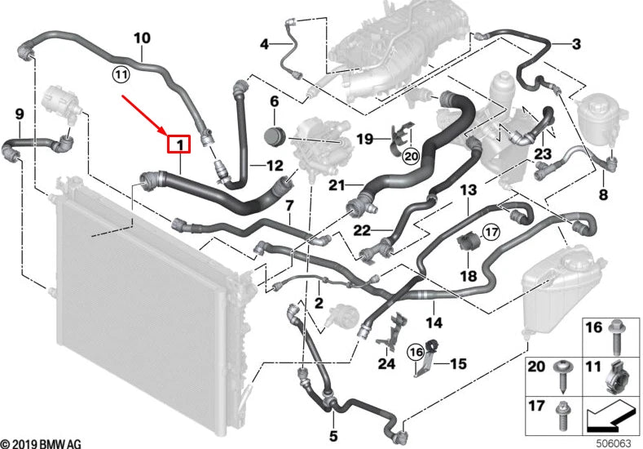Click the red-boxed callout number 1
(x=178, y=146)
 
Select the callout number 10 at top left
(x=142, y=38)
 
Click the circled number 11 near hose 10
(x=121, y=75)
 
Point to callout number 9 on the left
(x=20, y=113)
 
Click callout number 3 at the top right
(x=575, y=43)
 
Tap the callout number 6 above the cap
(x=274, y=102)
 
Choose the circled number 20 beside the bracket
(x=409, y=154)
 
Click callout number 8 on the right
(x=603, y=194)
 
